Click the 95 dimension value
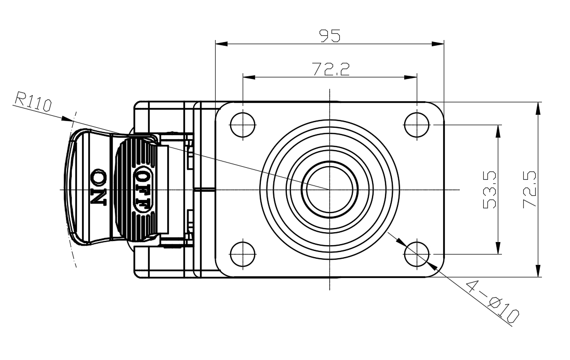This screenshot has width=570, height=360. click(330, 36)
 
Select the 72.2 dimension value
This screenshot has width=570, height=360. click(331, 69)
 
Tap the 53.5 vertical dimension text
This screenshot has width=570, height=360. click(489, 190)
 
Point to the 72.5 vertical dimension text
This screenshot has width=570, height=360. click(529, 189)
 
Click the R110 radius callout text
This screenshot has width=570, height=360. click(33, 101)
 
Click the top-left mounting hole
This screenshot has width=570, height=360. click(243, 125)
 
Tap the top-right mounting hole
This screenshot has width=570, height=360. click(417, 125)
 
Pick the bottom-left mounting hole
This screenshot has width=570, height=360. click(243, 254)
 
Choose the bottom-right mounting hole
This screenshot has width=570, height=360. click(417, 254)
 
